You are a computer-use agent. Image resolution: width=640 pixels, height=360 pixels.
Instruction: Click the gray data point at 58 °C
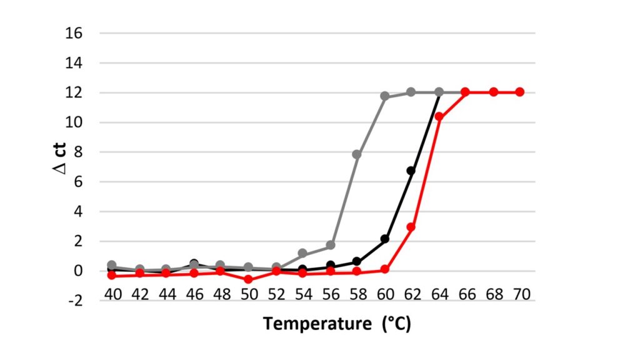pyautogui.click(x=357, y=154)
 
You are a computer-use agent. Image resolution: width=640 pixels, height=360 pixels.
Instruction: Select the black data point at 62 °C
pyautogui.click(x=411, y=171)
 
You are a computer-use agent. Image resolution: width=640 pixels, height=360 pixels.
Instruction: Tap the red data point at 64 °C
pyautogui.click(x=439, y=116)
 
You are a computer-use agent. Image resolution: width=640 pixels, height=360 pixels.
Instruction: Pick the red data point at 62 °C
pyautogui.click(x=411, y=227)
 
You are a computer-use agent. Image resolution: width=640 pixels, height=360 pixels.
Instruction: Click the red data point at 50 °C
pyautogui.click(x=248, y=279)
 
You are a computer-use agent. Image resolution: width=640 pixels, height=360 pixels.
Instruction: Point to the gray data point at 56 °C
pyautogui.click(x=331, y=245)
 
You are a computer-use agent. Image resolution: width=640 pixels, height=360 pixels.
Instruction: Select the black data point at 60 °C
pyautogui.click(x=385, y=239)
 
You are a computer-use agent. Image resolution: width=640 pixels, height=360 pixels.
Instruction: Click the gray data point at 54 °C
pyautogui.click(x=302, y=253)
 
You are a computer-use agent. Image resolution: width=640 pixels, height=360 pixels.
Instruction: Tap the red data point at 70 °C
pyautogui.click(x=519, y=92)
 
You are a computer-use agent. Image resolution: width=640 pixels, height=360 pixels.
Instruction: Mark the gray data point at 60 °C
pyautogui.click(x=385, y=96)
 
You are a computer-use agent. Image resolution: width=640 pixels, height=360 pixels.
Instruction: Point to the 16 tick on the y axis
pyautogui.click(x=73, y=33)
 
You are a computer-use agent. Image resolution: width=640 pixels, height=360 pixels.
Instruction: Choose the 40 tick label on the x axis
pyautogui.click(x=112, y=292)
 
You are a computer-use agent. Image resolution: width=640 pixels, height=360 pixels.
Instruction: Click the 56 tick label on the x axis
pyautogui.click(x=331, y=292)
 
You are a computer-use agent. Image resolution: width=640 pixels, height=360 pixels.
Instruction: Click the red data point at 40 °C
pyautogui.click(x=112, y=275)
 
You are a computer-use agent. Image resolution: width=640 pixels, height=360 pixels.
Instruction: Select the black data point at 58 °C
pyautogui.click(x=357, y=261)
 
